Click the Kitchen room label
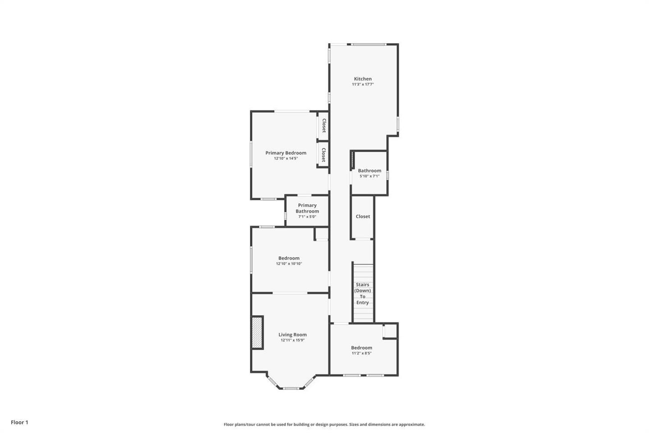click(x=363, y=78)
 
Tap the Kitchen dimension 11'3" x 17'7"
click(x=363, y=84)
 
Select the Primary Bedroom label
click(x=286, y=153)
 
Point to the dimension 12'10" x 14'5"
click(x=286, y=158)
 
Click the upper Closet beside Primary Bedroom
click(x=324, y=125)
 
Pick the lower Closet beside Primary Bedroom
click(x=324, y=155)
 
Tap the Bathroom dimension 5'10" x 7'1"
click(x=370, y=176)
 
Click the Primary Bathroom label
click(x=307, y=208)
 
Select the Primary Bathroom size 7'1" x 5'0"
click(x=307, y=216)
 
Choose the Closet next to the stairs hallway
click(x=363, y=216)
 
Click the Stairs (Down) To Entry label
click(x=362, y=294)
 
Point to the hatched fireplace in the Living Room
click(x=257, y=332)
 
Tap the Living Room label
click(x=293, y=335)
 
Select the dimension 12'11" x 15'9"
click(x=293, y=340)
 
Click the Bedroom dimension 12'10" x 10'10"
click(x=289, y=263)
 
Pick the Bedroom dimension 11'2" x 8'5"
click(x=361, y=353)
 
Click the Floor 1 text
click(x=19, y=422)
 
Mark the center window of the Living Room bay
click(x=291, y=388)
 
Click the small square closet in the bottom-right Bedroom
click(x=390, y=331)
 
